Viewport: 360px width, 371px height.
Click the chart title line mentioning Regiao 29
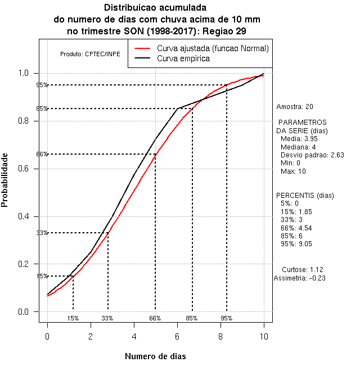click(156, 30)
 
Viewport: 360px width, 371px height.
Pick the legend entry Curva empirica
click(183, 58)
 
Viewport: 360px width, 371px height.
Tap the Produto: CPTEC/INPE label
click(86, 54)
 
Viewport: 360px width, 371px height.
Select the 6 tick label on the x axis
click(177, 336)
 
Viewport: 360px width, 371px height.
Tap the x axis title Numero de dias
click(155, 356)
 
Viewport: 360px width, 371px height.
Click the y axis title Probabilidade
click(5, 180)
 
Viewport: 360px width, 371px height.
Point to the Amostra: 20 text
click(295, 106)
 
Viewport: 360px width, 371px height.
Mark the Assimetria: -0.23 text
click(299, 278)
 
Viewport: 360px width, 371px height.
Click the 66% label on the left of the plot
click(42, 154)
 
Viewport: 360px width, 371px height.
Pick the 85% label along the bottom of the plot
click(192, 318)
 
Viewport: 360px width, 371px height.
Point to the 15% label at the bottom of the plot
click(73, 318)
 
